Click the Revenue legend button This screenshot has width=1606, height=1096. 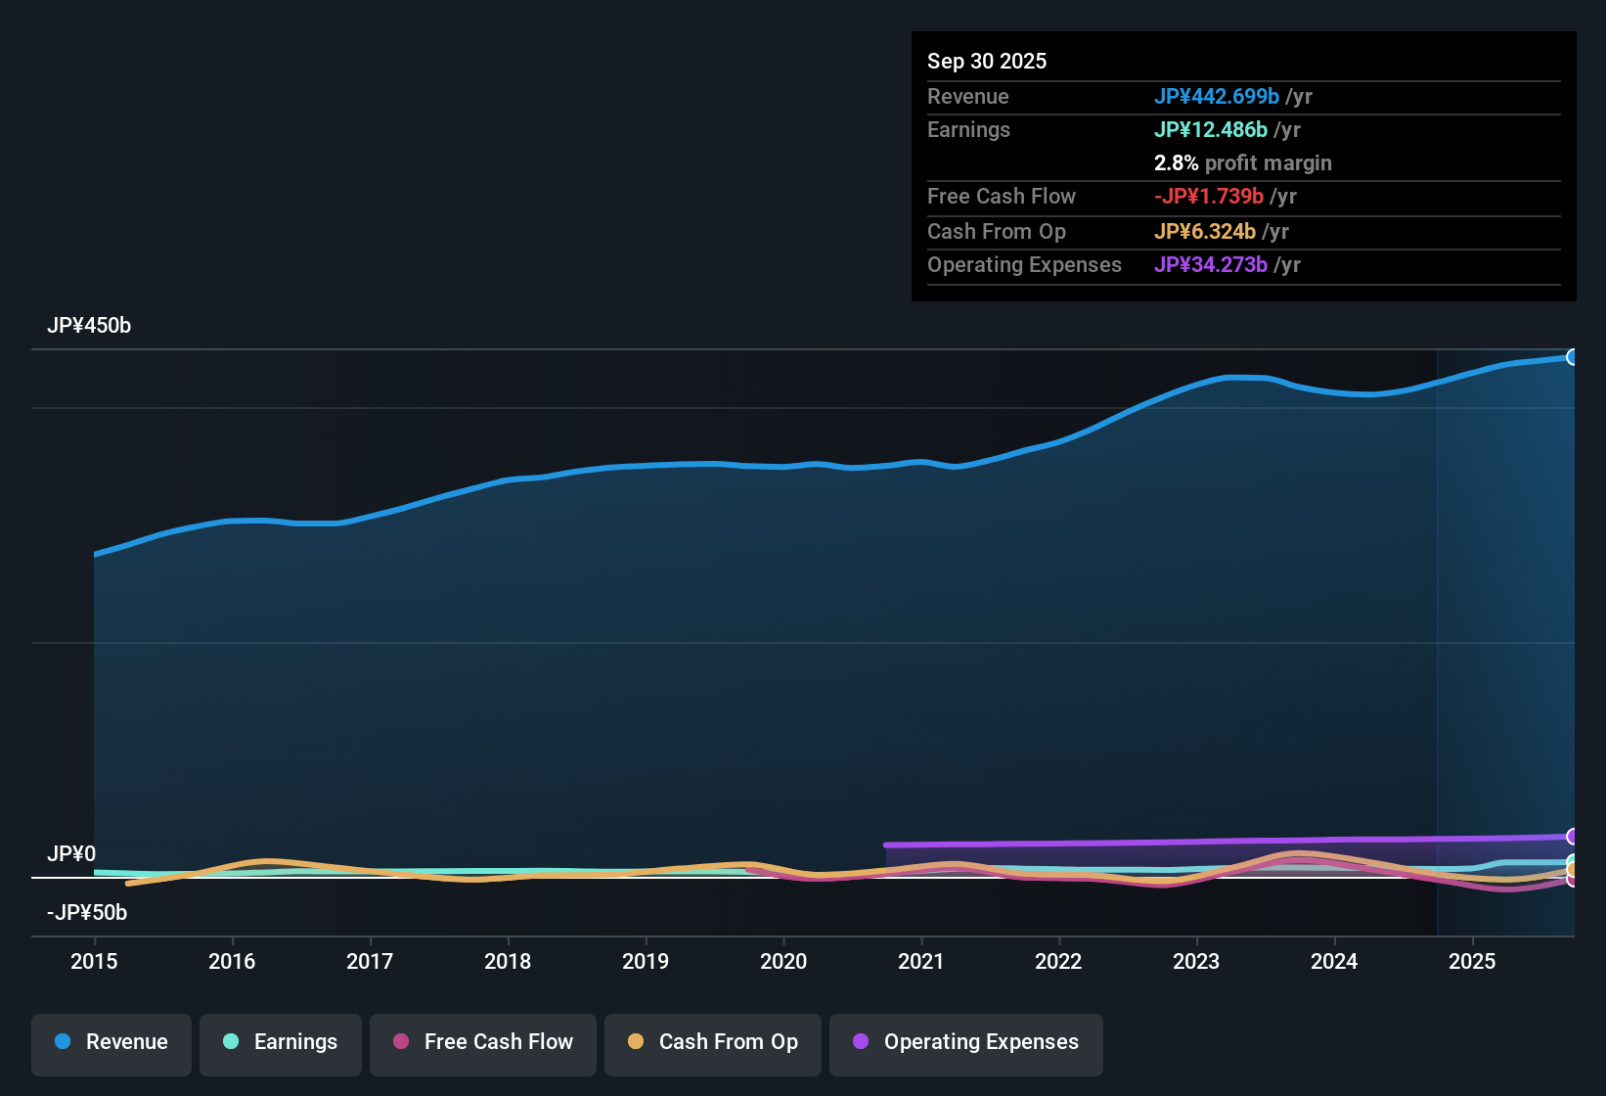[112, 1042]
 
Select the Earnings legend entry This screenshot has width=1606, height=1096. [281, 1042]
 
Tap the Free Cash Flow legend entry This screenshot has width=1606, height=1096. [483, 1042]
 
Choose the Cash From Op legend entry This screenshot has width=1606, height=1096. [713, 1042]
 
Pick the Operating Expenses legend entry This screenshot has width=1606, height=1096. [966, 1042]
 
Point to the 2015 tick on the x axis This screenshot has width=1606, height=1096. [94, 961]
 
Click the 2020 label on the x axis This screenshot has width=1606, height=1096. [783, 961]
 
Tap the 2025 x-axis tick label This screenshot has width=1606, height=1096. [1472, 961]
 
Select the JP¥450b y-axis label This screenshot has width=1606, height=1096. [89, 326]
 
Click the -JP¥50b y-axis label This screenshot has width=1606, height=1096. [87, 913]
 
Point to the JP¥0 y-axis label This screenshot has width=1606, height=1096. [71, 854]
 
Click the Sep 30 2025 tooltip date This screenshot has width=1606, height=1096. [987, 62]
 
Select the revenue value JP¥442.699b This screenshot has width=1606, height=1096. [1216, 97]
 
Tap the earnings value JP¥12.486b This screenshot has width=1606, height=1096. [1210, 130]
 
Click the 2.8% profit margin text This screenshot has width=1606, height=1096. [1242, 163]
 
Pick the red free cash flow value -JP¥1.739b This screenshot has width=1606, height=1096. [1208, 197]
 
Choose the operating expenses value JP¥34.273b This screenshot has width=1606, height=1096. [1210, 265]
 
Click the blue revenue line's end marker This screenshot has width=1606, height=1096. [1572, 357]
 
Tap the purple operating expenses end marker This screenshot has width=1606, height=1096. [1572, 837]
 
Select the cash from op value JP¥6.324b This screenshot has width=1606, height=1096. [1204, 232]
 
